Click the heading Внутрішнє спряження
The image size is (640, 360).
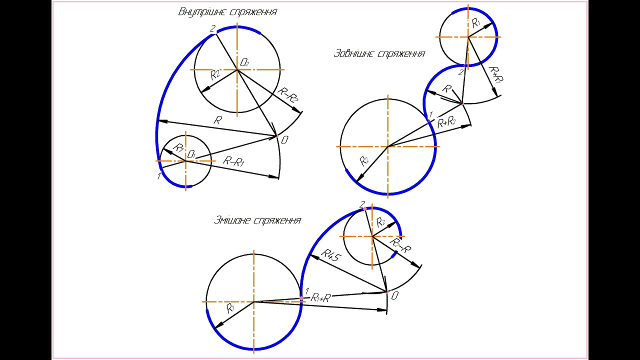coord(227,12)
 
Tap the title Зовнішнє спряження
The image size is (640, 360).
coord(379,53)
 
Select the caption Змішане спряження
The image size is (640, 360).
coord(257,220)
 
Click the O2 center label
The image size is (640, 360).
coord(244,62)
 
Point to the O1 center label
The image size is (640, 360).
coord(191,155)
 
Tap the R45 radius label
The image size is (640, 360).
coord(331,255)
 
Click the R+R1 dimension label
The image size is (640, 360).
coord(496,75)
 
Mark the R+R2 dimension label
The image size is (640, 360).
coord(446,122)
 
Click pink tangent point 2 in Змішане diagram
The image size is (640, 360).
coord(365,209)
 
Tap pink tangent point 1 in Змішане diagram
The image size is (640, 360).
coord(301,298)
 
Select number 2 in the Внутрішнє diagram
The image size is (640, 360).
coord(212,28)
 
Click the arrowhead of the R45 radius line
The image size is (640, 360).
coord(313,256)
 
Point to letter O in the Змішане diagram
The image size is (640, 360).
coord(394,296)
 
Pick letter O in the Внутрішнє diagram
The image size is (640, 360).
coord(285,140)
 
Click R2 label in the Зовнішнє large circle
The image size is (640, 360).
coord(363,161)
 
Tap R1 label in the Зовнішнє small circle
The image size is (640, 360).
coord(476,23)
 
